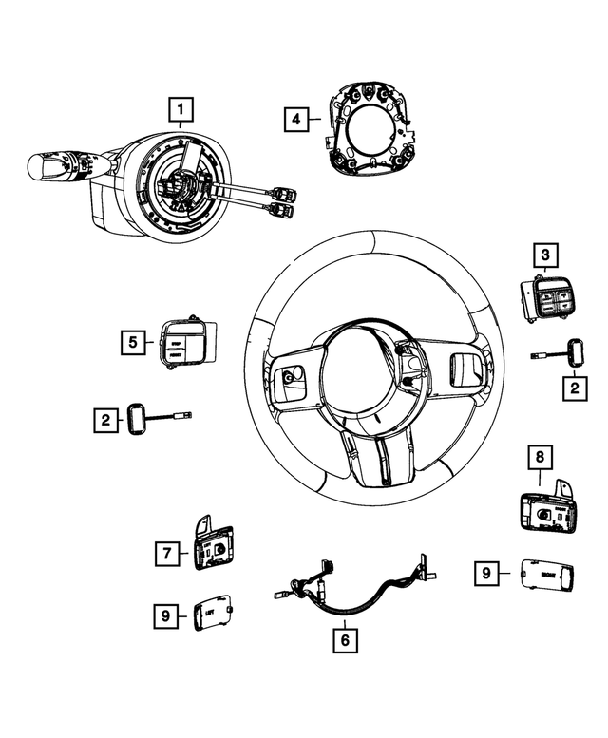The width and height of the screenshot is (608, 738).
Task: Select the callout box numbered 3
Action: pyautogui.click(x=544, y=255)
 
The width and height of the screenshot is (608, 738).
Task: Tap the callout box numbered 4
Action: pyautogui.click(x=296, y=120)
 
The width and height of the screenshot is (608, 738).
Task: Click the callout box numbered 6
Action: pyautogui.click(x=344, y=641)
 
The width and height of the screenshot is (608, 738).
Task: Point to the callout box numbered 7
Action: pyautogui.click(x=167, y=552)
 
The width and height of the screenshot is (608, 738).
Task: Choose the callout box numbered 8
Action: pyautogui.click(x=540, y=459)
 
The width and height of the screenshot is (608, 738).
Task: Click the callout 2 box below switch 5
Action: pyautogui.click(x=105, y=418)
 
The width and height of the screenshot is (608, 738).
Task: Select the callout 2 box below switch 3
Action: pyautogui.click(x=572, y=388)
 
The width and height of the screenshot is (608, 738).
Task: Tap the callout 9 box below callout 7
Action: pyautogui.click(x=167, y=616)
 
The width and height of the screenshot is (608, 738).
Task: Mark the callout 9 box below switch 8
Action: pyautogui.click(x=486, y=573)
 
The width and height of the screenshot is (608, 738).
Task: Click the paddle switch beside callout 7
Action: pyautogui.click(x=212, y=547)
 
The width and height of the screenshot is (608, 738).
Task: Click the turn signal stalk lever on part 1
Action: pyautogui.click(x=58, y=168)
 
